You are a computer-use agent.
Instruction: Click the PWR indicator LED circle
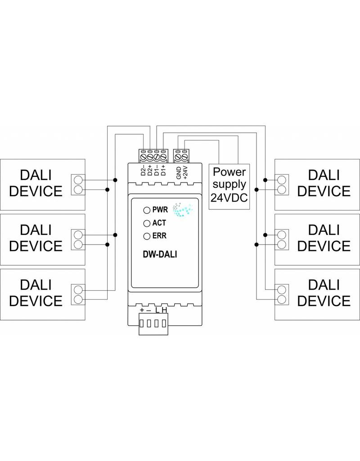point(146,210)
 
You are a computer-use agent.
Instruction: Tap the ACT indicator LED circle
point(146,223)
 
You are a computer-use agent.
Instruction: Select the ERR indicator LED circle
point(146,236)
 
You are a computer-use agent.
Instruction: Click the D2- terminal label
point(143,170)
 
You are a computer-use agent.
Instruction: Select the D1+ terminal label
point(163,170)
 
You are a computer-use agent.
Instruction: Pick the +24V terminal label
point(185,172)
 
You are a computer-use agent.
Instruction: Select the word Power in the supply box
point(230,172)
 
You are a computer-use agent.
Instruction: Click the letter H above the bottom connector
point(164,310)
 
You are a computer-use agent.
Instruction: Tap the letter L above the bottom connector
point(157,310)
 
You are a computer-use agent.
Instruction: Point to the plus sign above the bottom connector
point(142,310)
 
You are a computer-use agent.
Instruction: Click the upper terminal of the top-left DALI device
point(78,180)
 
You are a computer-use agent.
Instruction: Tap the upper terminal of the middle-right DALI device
point(282,234)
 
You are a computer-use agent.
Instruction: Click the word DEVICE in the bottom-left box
point(36,300)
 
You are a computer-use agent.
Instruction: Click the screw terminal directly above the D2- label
point(144,158)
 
